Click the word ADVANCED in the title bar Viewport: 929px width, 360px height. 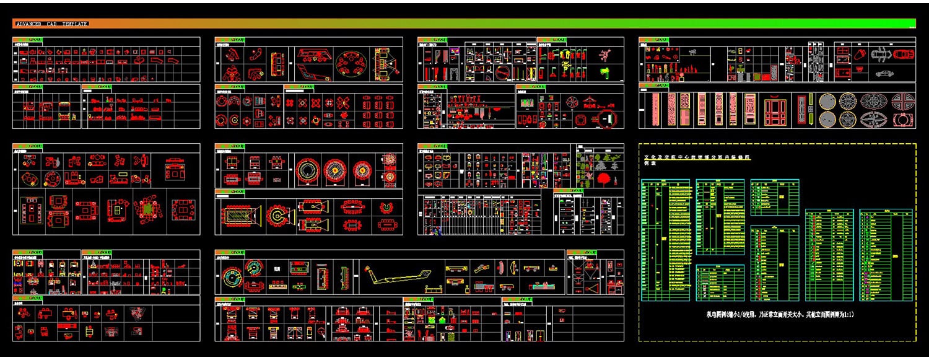pyautogui.click(x=28, y=24)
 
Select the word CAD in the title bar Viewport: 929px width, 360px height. pyautogui.click(x=52, y=24)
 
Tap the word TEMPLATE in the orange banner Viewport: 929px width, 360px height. pyautogui.click(x=74, y=24)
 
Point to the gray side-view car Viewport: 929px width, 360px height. pyautogui.click(x=885, y=73)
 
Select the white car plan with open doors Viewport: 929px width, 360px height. pyautogui.click(x=879, y=55)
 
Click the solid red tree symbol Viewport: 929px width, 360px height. pyautogui.click(x=604, y=179)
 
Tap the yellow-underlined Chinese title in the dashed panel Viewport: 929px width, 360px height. pyautogui.click(x=697, y=158)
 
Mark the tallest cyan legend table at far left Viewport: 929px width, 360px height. pyautogui.click(x=665, y=240)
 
